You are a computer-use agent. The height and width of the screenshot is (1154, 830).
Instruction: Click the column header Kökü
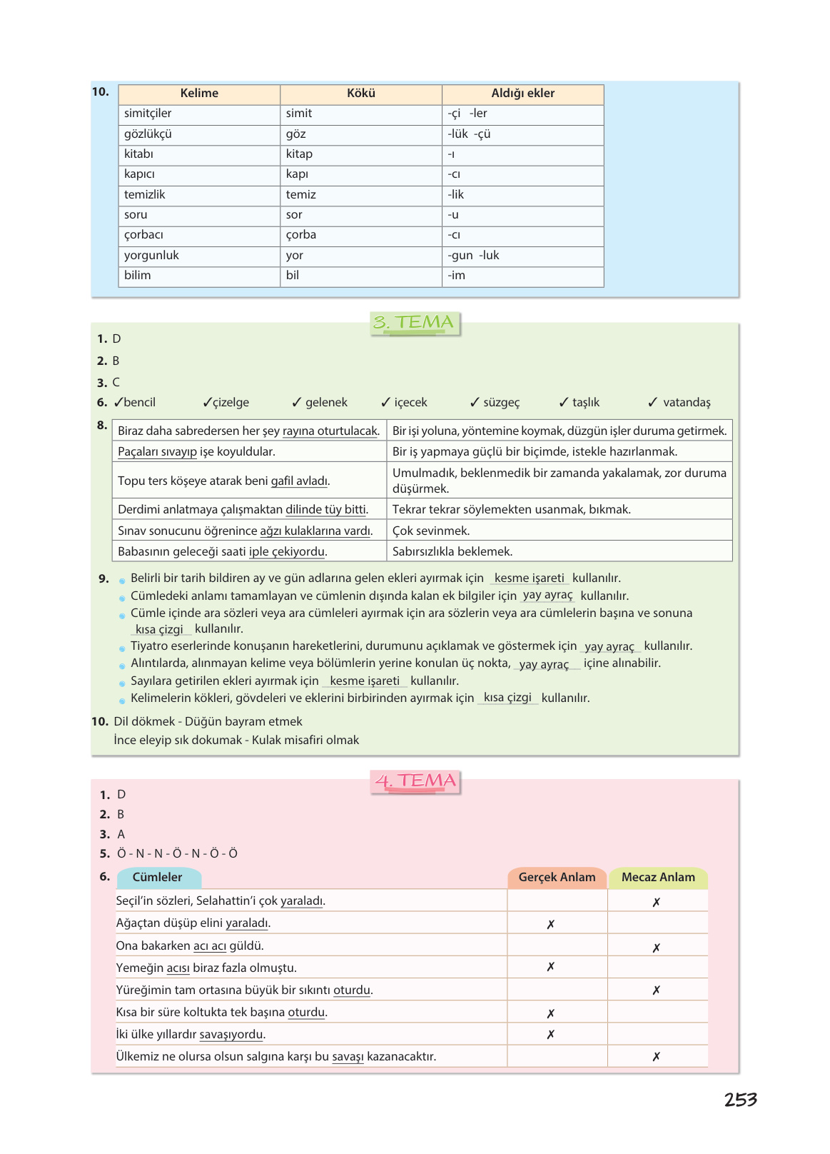click(361, 94)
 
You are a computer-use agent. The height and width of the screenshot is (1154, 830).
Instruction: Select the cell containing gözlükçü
click(148, 134)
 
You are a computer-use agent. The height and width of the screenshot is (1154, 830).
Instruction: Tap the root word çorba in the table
click(301, 235)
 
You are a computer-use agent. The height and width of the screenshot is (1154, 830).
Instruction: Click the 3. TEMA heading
click(415, 323)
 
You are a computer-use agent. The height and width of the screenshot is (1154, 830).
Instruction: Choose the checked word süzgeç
click(501, 403)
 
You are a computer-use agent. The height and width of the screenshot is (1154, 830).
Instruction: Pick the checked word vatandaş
click(687, 403)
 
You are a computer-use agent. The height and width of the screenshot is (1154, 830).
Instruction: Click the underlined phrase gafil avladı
click(300, 481)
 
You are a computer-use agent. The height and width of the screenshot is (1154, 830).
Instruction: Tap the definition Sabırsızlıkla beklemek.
click(452, 552)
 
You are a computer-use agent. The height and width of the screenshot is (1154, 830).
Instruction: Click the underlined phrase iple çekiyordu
click(287, 552)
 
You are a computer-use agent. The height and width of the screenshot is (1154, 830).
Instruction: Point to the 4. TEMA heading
click(415, 781)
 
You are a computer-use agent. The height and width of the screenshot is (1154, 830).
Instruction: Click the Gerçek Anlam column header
click(557, 878)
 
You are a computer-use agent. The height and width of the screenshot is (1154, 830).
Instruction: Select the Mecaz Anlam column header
click(658, 878)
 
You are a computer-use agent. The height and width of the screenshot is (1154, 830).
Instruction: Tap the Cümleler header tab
click(158, 878)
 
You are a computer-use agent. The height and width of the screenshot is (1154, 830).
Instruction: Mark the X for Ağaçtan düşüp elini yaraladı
click(551, 924)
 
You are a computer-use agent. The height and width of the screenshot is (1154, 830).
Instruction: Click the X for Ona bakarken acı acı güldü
click(657, 948)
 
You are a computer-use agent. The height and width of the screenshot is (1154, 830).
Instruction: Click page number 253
click(740, 1100)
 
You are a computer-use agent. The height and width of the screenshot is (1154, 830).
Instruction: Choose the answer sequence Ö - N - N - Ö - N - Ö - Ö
click(177, 854)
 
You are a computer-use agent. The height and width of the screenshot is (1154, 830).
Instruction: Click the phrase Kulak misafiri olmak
click(305, 741)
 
